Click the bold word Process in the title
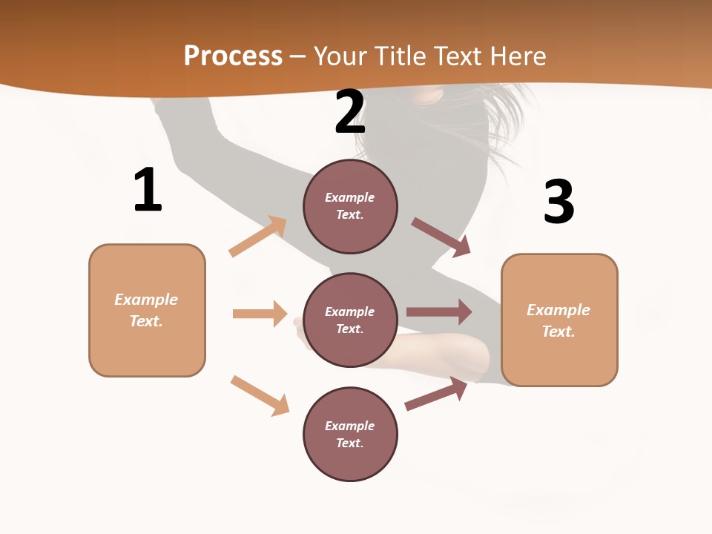click(233, 56)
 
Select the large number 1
click(148, 191)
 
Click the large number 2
click(350, 112)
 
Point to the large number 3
click(558, 202)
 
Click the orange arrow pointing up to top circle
click(258, 237)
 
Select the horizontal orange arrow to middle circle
click(260, 314)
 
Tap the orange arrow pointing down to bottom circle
click(260, 395)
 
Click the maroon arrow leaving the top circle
click(441, 237)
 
